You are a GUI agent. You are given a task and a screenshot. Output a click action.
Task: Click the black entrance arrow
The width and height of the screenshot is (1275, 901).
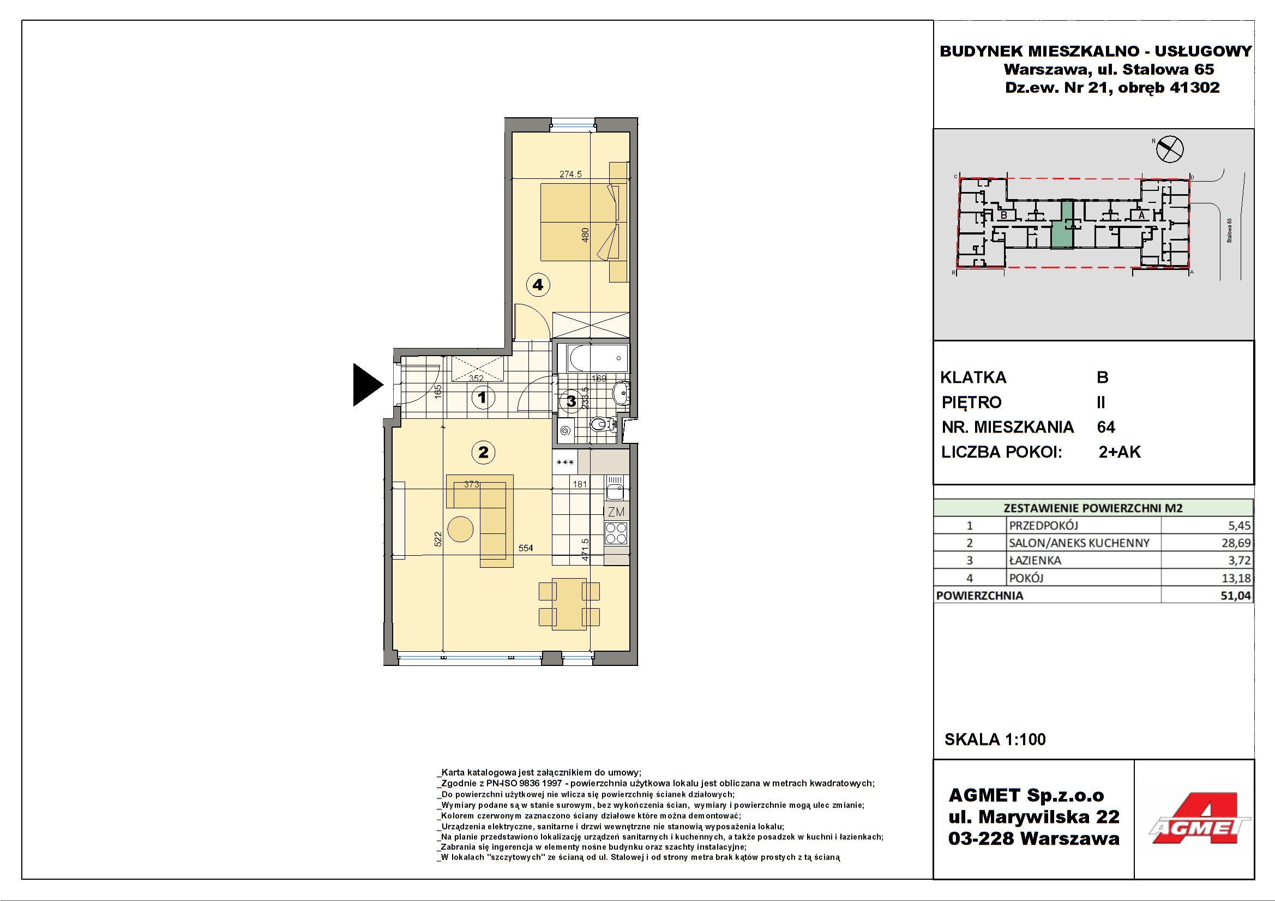pyautogui.click(x=366, y=385)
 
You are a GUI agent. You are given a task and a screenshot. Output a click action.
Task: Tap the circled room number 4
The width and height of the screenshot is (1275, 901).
pyautogui.click(x=538, y=285)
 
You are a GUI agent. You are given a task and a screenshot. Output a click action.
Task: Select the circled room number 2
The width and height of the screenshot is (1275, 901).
pyautogui.click(x=483, y=452)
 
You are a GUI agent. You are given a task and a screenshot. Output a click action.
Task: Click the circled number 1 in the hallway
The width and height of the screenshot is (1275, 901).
pyautogui.click(x=483, y=398)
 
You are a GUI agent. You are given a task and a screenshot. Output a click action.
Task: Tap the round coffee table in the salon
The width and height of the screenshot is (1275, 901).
pyautogui.click(x=460, y=529)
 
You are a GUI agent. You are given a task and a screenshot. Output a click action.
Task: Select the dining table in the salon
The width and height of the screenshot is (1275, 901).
pyautogui.click(x=569, y=604)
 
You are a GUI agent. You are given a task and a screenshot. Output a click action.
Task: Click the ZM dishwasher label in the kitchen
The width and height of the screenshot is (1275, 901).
pyautogui.click(x=616, y=512)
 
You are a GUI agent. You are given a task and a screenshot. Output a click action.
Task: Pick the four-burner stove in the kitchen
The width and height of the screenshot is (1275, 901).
pyautogui.click(x=616, y=533)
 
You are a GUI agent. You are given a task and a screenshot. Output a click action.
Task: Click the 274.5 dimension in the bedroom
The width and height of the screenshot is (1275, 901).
pyautogui.click(x=570, y=174)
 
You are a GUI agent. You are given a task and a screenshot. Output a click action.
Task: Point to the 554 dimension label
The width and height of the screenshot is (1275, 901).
pyautogui.click(x=525, y=548)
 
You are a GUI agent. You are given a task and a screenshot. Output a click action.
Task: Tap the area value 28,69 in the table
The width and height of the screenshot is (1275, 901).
pyautogui.click(x=1236, y=543)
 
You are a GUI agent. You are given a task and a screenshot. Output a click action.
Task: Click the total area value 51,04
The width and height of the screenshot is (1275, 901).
pyautogui.click(x=1236, y=596)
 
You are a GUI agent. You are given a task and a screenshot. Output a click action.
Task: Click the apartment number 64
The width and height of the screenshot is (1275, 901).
pyautogui.click(x=1105, y=427)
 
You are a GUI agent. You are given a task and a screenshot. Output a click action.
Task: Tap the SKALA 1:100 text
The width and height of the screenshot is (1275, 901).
pyautogui.click(x=995, y=740)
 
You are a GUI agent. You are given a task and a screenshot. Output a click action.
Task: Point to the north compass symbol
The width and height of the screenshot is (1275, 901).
pyautogui.click(x=1169, y=149)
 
